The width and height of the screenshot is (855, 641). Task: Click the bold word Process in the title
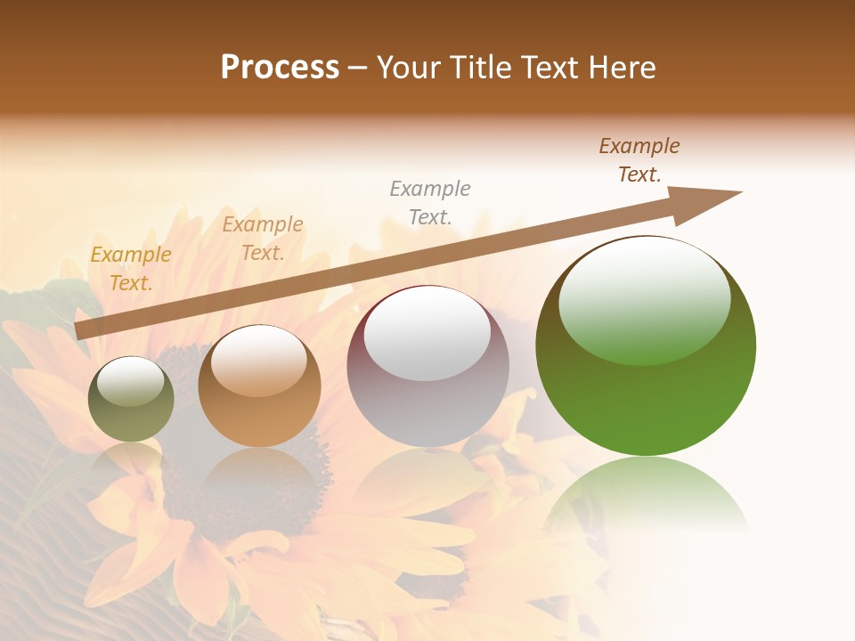pos(280,68)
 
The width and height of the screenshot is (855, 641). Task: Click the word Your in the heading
pos(411,68)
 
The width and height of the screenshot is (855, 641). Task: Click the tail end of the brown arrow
pos(80,330)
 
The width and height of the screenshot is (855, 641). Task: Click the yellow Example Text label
pos(131,269)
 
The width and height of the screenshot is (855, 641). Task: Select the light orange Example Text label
pos(263,239)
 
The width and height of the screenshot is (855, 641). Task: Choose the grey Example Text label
pos(430,202)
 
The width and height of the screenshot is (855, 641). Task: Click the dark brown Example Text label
pos(639,160)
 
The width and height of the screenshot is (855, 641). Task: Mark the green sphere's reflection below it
pos(646,494)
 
